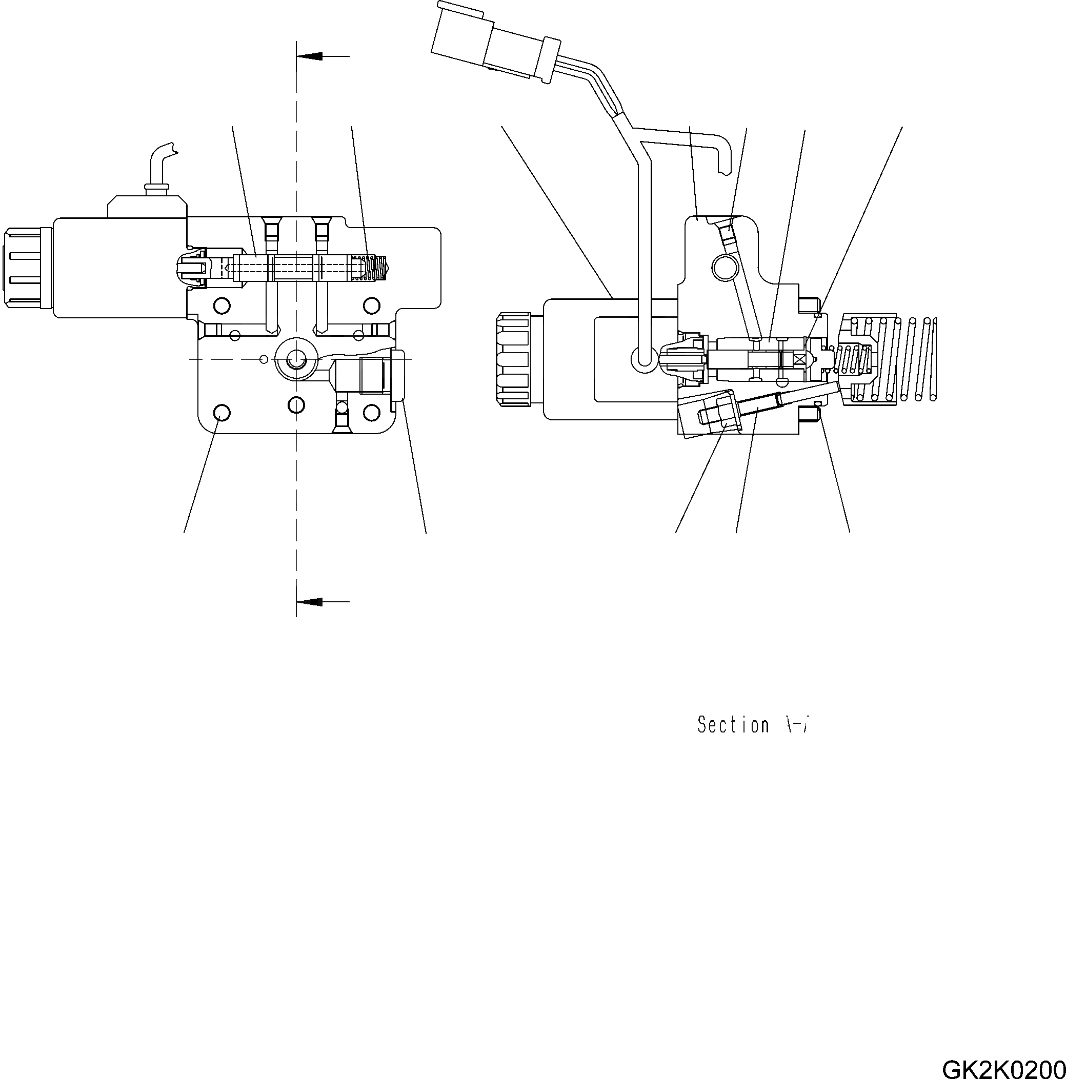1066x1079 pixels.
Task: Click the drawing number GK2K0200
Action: point(1003,1067)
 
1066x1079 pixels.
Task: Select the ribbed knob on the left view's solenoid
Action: point(23,268)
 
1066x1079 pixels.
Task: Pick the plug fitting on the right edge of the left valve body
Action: point(398,375)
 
